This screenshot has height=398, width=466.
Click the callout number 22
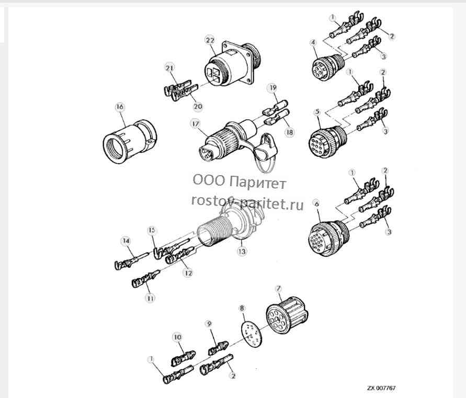coord(210,40)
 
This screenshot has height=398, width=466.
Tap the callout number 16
coord(120,107)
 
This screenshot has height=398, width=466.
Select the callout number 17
coord(196,124)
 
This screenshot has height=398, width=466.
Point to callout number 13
coord(242,252)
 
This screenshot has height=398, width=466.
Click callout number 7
coord(278,289)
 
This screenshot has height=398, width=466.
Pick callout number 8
coord(242,308)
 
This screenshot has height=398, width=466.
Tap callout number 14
coord(127,241)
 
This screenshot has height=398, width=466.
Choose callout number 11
coord(151,298)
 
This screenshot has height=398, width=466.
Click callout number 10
coord(177,337)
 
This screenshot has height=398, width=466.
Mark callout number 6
coord(317,204)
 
